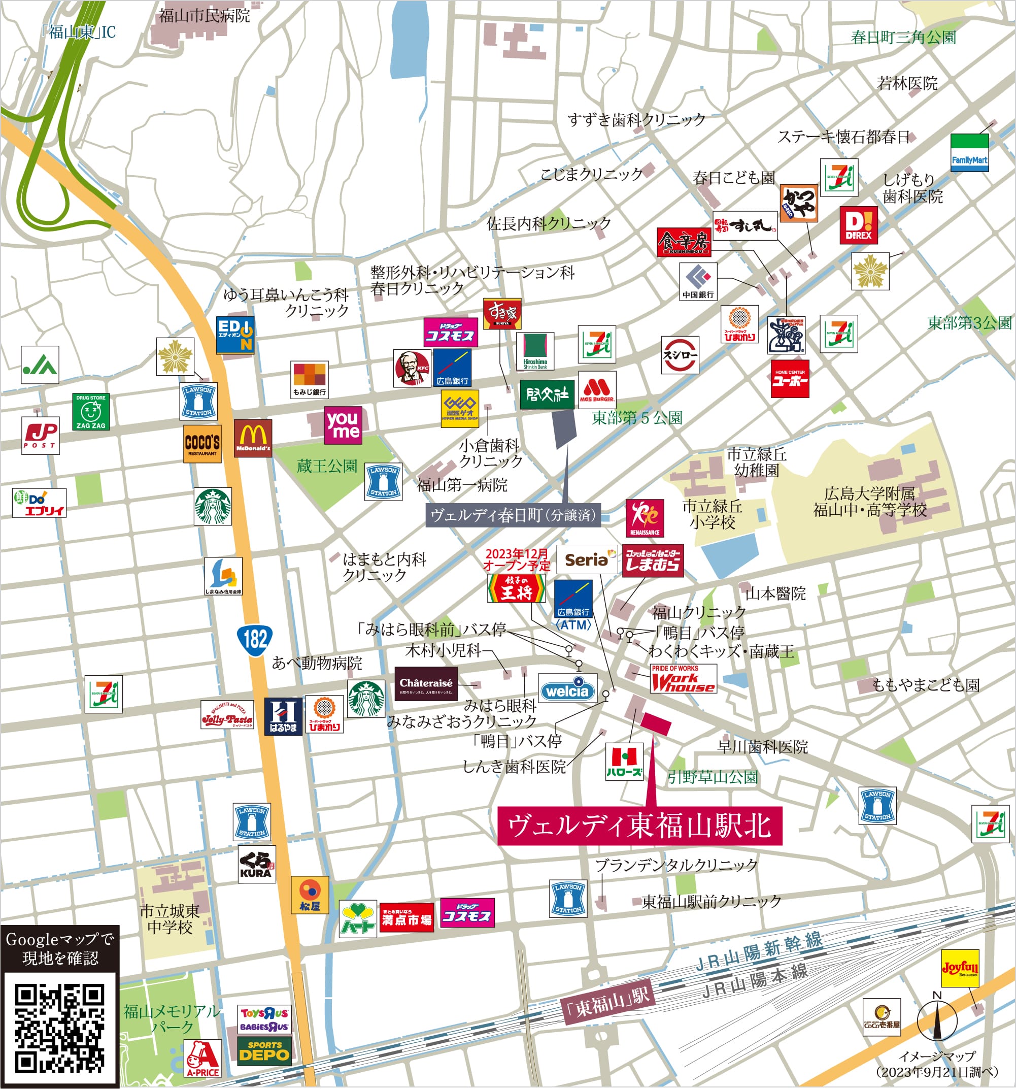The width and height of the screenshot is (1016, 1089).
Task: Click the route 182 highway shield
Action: (255, 639)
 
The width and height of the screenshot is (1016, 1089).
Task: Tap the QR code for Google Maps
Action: (59, 1028)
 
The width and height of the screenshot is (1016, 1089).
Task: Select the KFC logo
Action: (412, 368)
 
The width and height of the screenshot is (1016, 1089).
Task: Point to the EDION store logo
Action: (235, 335)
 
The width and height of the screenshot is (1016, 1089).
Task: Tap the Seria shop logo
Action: (587, 559)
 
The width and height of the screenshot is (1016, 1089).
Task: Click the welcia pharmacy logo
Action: (567, 691)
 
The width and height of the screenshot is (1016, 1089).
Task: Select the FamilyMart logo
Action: (969, 153)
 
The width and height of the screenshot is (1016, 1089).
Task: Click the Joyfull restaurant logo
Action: (960, 968)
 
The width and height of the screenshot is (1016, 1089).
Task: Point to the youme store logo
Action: (343, 424)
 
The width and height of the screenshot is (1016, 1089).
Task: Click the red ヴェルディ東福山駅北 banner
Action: (639, 826)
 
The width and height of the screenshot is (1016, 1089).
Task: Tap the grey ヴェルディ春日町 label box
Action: (513, 515)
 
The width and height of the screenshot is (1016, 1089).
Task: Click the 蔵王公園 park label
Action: (326, 466)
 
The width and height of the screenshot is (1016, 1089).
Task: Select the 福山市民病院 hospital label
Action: (205, 15)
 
